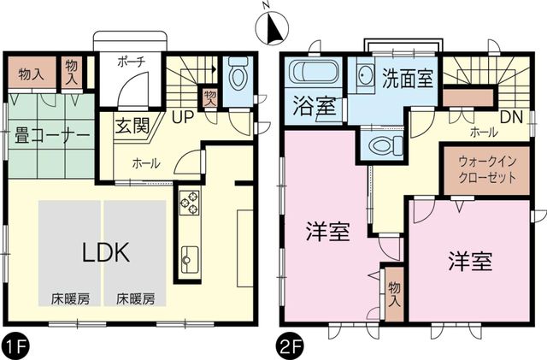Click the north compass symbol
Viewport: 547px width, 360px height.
[273, 27]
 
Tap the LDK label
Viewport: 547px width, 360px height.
[106, 252]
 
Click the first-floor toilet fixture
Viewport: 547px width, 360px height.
[238, 73]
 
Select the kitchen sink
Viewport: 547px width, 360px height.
[190, 259]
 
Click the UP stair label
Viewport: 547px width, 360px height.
[182, 117]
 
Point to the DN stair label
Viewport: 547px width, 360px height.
[511, 117]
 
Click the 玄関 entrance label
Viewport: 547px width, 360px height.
[132, 126]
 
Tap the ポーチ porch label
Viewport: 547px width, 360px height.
[131, 62]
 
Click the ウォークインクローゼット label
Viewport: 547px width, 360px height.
[487, 169]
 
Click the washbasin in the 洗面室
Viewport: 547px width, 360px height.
[364, 75]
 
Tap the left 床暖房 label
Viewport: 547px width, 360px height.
[70, 299]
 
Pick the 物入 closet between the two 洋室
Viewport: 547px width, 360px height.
[394, 294]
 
